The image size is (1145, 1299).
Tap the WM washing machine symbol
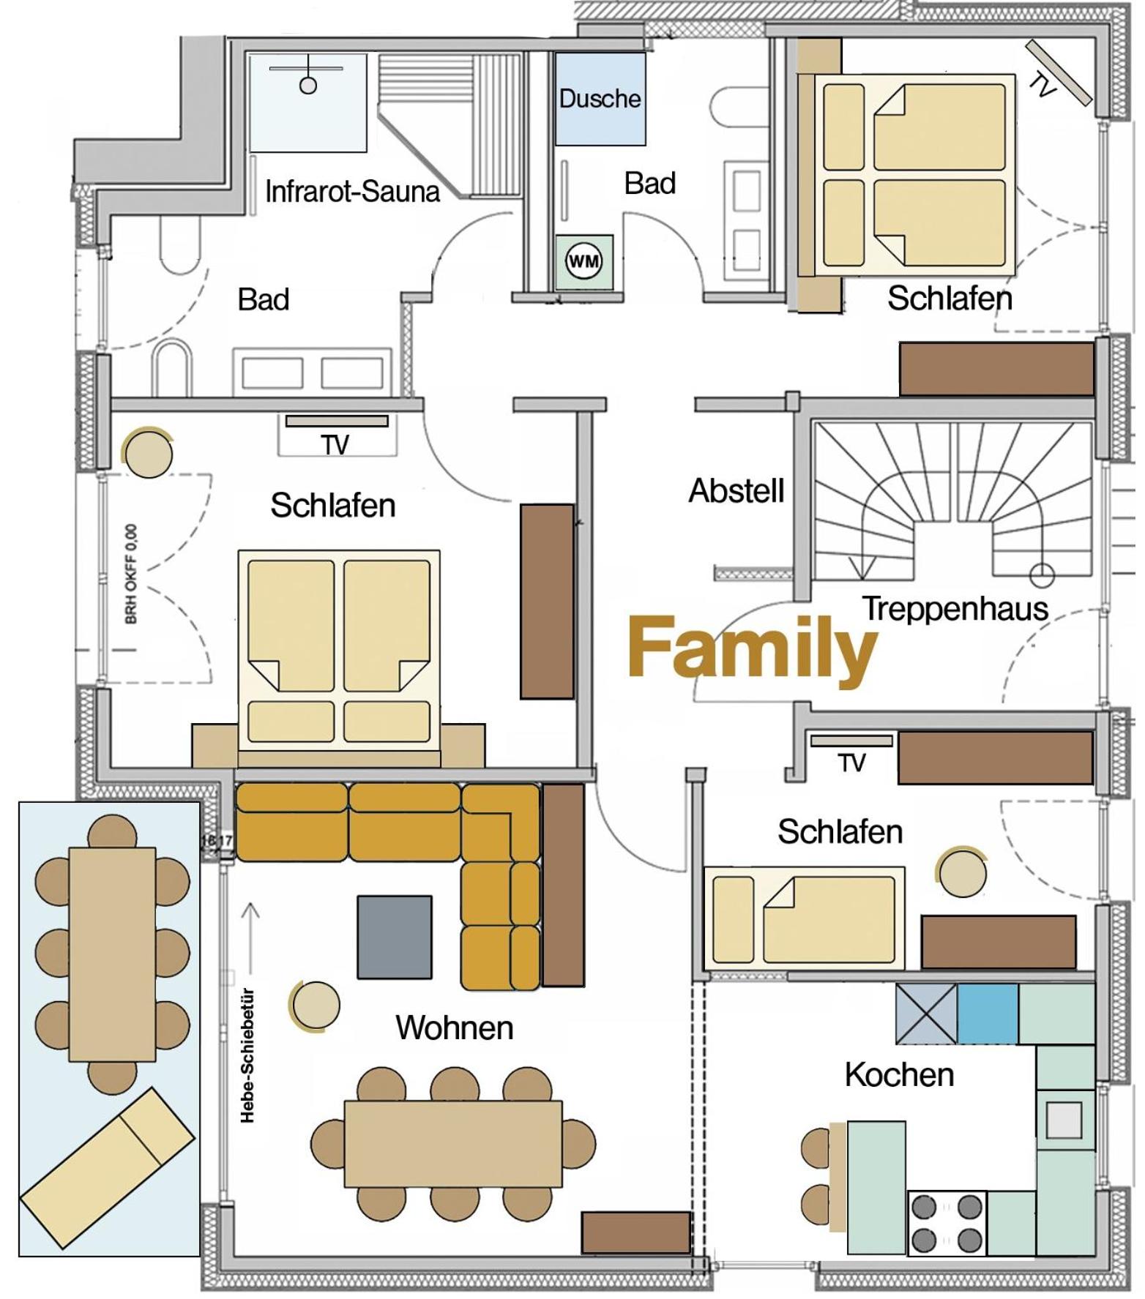[x=583, y=261]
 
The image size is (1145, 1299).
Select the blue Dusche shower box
[x=600, y=98]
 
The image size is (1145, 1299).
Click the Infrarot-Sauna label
[x=352, y=191]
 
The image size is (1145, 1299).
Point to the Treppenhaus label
[x=955, y=608]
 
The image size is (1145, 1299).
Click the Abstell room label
[x=736, y=490]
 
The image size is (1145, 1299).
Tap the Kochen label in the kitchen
[x=899, y=1074]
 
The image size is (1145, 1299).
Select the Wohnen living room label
[x=454, y=1027]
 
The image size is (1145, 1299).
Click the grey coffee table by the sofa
[x=395, y=937]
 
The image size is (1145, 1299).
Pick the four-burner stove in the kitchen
[x=947, y=1223]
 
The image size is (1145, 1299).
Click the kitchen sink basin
[x=1064, y=1119]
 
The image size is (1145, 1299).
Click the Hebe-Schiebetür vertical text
[x=247, y=1056]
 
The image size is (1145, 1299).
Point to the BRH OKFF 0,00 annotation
[x=131, y=574]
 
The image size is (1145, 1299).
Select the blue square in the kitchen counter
[x=987, y=1014]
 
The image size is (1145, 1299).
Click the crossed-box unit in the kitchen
[x=926, y=1014]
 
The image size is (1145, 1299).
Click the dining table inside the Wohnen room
[x=453, y=1143]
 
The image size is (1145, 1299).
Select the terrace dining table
[x=112, y=954]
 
